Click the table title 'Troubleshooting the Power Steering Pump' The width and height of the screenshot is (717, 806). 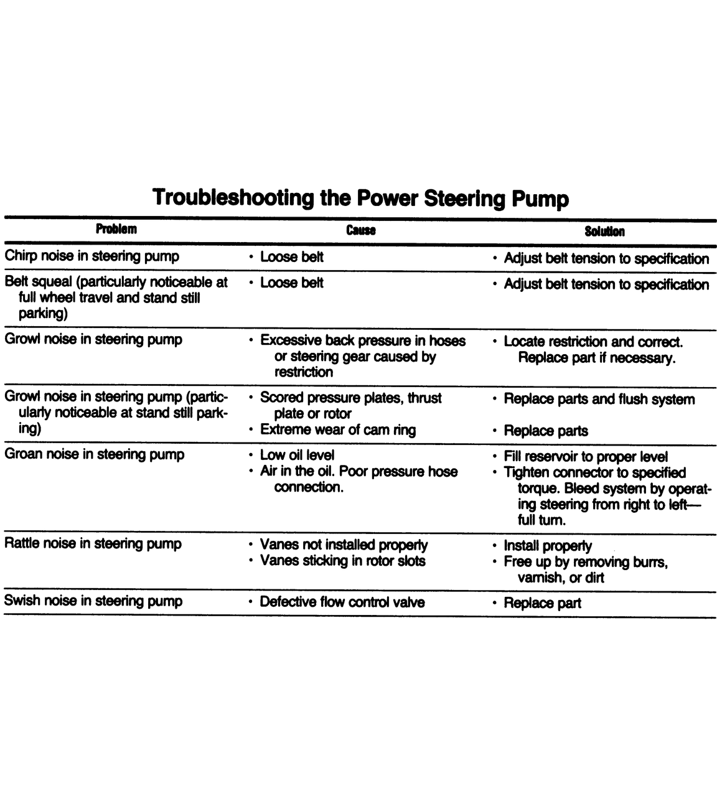(360, 198)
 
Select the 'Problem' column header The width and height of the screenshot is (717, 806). (116, 229)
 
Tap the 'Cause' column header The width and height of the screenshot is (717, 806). (361, 230)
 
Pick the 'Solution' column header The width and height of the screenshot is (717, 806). (604, 232)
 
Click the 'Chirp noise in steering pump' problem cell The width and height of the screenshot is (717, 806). (92, 256)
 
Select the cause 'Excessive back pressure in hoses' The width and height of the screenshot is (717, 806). (362, 340)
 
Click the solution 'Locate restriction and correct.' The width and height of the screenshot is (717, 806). (593, 342)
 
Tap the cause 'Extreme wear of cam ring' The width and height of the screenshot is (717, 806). (337, 429)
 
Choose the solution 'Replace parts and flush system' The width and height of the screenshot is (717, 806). (599, 399)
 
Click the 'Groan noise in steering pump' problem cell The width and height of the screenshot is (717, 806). (95, 454)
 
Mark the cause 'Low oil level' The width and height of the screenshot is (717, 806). (297, 455)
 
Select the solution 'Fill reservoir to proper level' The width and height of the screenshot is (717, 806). (585, 456)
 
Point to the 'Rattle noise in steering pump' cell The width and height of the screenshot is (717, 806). (93, 543)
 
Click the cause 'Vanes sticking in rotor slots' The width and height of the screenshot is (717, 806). (342, 561)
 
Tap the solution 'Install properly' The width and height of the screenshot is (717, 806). (547, 546)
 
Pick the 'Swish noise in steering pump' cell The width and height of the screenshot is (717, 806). (93, 601)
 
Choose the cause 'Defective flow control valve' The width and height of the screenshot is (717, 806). (342, 602)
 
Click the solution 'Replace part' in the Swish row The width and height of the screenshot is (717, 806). (542, 603)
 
